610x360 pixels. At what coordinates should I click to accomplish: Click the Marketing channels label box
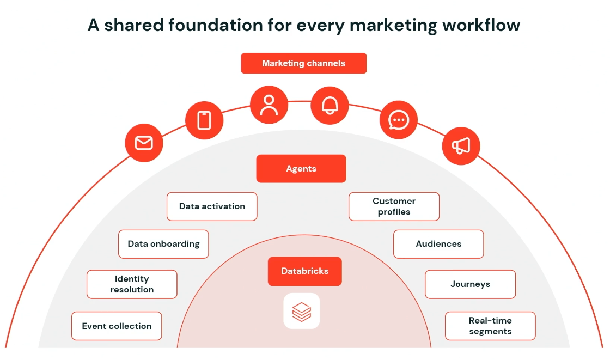coord(304,63)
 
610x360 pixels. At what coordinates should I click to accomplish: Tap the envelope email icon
coord(144,143)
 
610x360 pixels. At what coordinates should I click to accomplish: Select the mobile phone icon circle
coord(204,120)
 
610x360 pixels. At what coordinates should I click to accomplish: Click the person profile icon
coord(269,105)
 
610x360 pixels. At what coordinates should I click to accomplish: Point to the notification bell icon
coord(330,106)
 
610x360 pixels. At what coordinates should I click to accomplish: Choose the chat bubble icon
coord(399,120)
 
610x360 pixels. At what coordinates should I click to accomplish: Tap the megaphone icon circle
coord(461,146)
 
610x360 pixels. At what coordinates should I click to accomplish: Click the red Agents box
coord(301,168)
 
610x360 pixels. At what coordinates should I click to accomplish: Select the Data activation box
coord(212,206)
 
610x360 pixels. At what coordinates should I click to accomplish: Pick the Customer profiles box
coord(394,206)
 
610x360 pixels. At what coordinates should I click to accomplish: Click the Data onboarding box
coord(163,244)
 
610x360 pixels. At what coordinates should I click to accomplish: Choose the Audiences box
coord(438,244)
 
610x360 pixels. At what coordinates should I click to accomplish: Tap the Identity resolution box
coord(132,284)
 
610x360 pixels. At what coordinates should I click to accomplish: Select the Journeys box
coord(471,284)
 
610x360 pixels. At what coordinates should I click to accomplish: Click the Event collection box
coord(117,326)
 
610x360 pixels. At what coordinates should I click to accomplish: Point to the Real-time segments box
coord(490,326)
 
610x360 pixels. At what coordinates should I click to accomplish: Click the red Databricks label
coord(304,271)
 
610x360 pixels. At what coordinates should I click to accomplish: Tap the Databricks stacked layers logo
coord(302,312)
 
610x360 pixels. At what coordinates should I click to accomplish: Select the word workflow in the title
coord(481,25)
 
